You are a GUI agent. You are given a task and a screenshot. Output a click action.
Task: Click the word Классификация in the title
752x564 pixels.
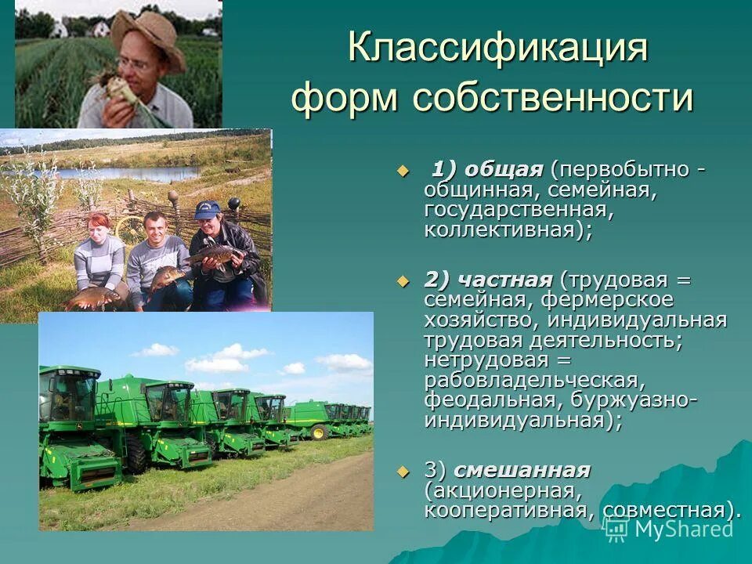(x=498, y=49)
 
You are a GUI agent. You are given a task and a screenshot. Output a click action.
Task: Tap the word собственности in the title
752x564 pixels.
(x=553, y=99)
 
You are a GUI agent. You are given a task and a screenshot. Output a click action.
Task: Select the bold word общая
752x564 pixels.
(x=504, y=170)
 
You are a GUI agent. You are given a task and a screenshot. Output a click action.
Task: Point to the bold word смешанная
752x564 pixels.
(x=522, y=470)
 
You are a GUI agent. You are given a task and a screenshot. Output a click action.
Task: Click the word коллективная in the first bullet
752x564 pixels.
(x=503, y=231)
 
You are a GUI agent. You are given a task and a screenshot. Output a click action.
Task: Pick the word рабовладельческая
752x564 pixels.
(x=533, y=380)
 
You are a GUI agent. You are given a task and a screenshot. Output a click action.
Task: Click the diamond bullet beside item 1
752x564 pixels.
(x=403, y=171)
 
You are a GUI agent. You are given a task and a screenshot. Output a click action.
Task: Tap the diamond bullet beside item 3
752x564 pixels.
(x=403, y=472)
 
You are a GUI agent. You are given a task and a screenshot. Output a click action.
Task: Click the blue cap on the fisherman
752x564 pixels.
(x=208, y=209)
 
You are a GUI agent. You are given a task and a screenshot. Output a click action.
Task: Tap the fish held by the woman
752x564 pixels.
(x=92, y=297)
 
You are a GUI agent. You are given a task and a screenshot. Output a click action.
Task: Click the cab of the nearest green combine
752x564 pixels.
(x=70, y=396)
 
